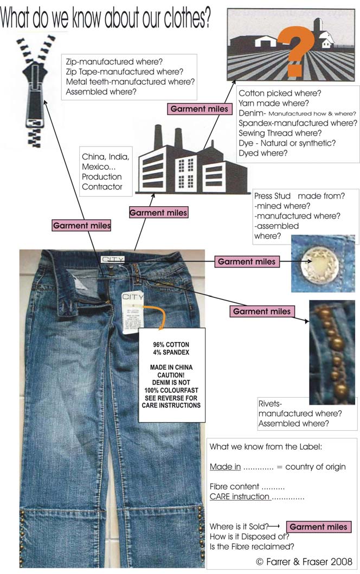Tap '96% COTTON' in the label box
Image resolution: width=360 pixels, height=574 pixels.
[170, 345]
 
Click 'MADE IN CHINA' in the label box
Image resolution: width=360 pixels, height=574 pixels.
[171, 367]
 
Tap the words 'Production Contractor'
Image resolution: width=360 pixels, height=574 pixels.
[102, 182]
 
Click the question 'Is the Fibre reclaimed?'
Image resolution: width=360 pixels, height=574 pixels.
[252, 546]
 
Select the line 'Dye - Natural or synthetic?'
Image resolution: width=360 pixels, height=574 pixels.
[286, 143]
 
